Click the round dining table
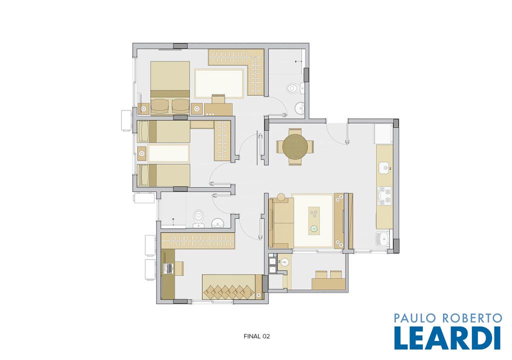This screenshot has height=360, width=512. [x=295, y=146]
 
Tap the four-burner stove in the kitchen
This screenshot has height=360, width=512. [x=384, y=195]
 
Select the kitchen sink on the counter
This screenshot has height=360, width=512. [x=385, y=168]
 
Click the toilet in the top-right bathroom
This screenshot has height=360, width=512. [x=294, y=88]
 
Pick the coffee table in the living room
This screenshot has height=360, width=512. [x=314, y=220]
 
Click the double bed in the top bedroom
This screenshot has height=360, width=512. [x=170, y=88]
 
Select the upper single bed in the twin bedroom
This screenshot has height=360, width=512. [x=163, y=131]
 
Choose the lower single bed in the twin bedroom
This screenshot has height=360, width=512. [x=163, y=175]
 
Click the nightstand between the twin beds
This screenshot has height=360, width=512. [x=142, y=153]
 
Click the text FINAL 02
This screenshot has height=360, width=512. [x=256, y=336]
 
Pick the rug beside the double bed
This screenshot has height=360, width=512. [x=219, y=83]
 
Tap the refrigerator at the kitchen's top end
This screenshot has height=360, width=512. [x=383, y=134]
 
